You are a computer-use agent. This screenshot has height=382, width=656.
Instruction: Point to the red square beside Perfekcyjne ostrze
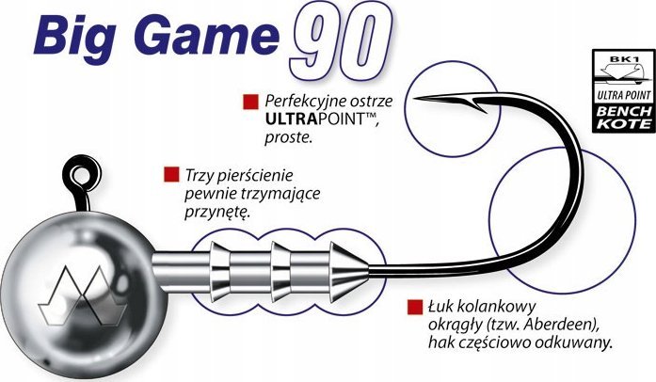(249, 100)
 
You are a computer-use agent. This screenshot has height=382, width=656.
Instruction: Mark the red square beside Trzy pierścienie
(171, 175)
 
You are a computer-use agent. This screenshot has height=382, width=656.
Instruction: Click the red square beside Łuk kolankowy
(414, 307)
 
